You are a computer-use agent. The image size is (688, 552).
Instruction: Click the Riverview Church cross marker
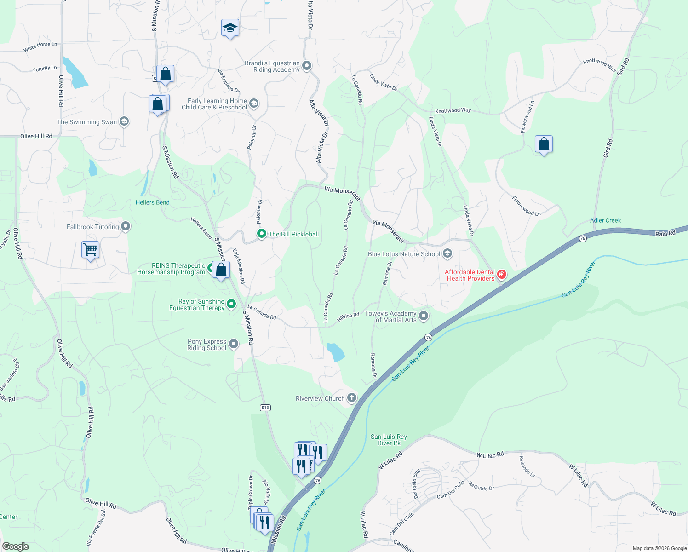(x=352, y=398)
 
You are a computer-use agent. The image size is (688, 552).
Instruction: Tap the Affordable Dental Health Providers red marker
(x=502, y=275)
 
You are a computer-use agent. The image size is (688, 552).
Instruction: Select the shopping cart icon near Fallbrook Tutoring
(x=91, y=250)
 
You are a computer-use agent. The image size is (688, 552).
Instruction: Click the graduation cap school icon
(x=230, y=29)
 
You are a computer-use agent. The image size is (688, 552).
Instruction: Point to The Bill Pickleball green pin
(x=262, y=234)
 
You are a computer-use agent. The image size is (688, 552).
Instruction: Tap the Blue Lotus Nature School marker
(x=447, y=253)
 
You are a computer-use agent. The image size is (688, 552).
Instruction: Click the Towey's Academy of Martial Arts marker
(x=424, y=316)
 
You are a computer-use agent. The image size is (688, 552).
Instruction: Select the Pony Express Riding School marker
(x=234, y=344)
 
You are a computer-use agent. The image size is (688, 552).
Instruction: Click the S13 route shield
(x=265, y=408)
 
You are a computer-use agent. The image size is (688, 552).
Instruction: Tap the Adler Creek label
(x=605, y=220)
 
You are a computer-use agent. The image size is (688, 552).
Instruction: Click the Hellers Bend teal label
(x=152, y=202)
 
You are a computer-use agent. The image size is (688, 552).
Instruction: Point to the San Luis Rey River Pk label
(x=389, y=440)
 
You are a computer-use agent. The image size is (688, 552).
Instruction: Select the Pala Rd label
(x=665, y=233)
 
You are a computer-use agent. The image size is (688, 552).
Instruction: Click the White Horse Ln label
(x=40, y=46)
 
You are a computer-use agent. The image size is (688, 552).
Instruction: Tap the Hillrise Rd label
(x=348, y=316)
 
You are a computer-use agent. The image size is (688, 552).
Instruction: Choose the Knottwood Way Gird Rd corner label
(x=599, y=65)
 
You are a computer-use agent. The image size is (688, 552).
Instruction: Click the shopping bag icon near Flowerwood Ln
(x=544, y=144)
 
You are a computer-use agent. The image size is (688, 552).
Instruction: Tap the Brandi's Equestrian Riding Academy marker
(x=307, y=66)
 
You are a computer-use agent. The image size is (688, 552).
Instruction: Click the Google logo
(x=16, y=546)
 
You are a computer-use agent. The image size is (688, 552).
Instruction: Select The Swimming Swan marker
(x=124, y=121)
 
